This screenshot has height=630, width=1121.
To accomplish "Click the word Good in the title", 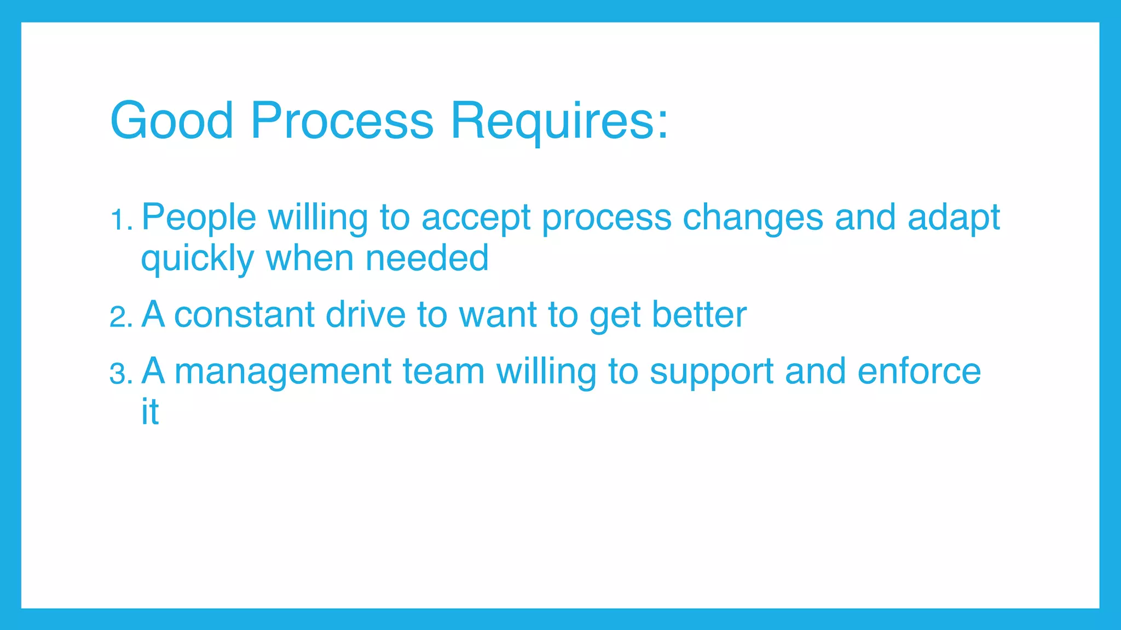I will click(x=172, y=121).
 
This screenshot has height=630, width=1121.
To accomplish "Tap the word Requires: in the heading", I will click(x=559, y=121).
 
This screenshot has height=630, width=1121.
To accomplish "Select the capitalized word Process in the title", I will click(x=342, y=121).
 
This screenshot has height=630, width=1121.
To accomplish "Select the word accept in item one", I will click(x=476, y=218).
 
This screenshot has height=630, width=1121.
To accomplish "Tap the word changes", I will click(x=753, y=218).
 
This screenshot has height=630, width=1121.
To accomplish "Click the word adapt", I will click(x=954, y=218).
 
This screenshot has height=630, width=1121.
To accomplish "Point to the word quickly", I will click(x=197, y=259).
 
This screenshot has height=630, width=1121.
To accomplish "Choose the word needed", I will click(x=427, y=258).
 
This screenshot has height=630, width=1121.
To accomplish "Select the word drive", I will click(x=365, y=315).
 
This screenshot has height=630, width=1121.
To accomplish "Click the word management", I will click(x=282, y=372).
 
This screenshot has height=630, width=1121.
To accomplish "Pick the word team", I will click(x=443, y=372).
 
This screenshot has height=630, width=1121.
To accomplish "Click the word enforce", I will click(x=919, y=371).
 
